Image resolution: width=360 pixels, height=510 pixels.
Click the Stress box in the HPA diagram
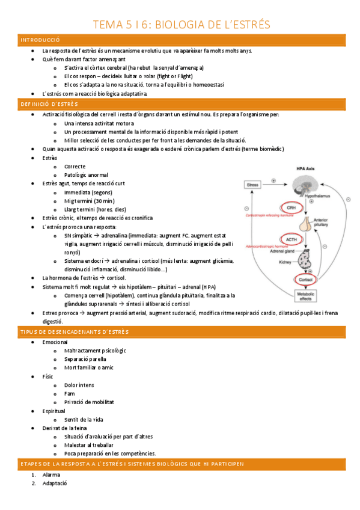(252, 185)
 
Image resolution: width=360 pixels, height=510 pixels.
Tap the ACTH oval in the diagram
(291, 239)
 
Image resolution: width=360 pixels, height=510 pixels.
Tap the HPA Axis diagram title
(306, 169)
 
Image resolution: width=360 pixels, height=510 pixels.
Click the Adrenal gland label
(284, 253)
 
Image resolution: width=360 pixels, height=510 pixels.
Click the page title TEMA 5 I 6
(180, 25)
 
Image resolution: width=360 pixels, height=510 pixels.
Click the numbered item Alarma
(51, 475)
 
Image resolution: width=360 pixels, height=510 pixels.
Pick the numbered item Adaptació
(54, 484)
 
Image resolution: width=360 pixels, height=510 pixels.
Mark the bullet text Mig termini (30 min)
(89, 200)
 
